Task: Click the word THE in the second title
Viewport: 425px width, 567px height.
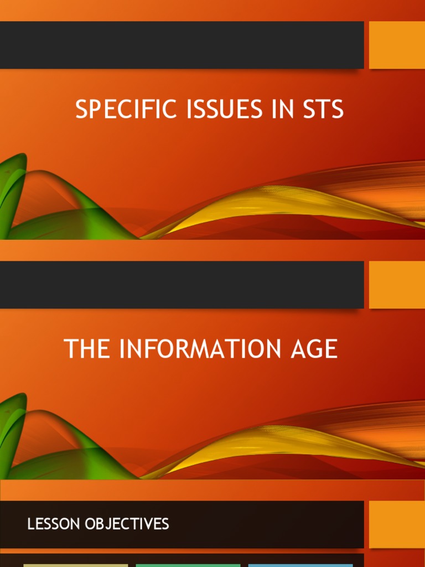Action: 87,349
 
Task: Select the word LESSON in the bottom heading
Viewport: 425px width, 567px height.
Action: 54,524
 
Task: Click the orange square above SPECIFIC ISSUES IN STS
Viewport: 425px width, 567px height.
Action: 397,45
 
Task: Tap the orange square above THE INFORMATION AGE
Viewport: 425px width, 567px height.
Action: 397,285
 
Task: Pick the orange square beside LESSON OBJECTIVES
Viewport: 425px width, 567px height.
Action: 397,524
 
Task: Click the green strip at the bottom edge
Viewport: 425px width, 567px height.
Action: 188,565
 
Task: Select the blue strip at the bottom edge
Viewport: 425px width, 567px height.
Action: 300,565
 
